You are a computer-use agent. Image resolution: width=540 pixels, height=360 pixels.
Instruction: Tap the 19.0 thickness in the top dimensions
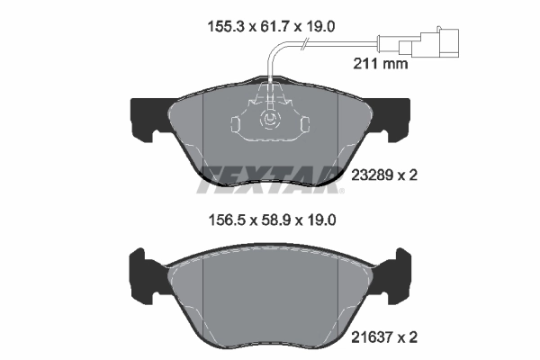(x=319, y=28)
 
